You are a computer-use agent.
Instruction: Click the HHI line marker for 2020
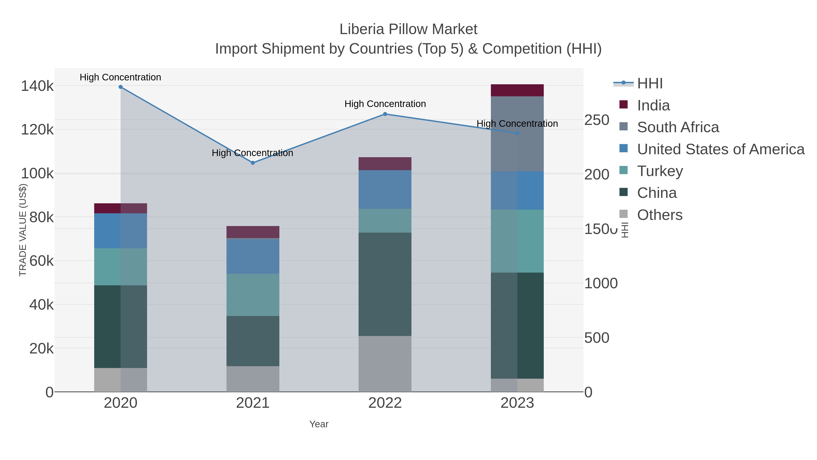click(x=121, y=87)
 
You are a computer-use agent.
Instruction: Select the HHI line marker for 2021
click(x=253, y=163)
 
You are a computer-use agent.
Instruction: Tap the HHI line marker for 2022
click(x=385, y=114)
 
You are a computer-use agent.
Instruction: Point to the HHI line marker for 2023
click(x=517, y=133)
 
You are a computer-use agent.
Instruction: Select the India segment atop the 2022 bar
click(x=385, y=164)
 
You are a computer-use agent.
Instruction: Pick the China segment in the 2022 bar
click(x=385, y=284)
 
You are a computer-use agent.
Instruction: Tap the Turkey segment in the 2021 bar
click(x=253, y=295)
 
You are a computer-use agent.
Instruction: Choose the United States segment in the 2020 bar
click(x=121, y=231)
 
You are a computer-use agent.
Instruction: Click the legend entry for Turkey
click(x=660, y=171)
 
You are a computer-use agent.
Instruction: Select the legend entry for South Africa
click(x=678, y=127)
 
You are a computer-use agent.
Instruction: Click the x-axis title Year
click(x=319, y=424)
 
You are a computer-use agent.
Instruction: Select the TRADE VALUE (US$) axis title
click(x=23, y=230)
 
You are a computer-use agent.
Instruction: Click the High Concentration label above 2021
click(x=252, y=153)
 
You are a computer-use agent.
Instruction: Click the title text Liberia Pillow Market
click(x=408, y=30)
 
